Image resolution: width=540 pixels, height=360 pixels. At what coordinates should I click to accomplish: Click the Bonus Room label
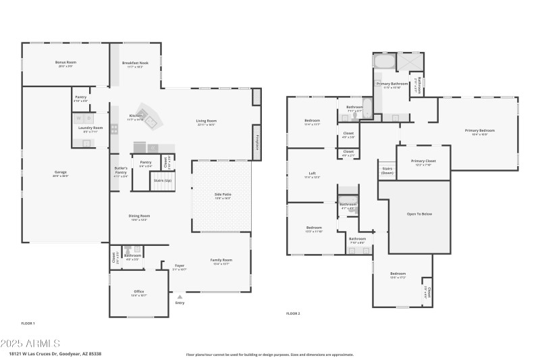coord(65,62)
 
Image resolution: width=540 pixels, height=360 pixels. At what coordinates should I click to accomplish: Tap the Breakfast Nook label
coord(135,62)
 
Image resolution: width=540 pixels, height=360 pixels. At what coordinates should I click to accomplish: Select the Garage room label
coord(61,172)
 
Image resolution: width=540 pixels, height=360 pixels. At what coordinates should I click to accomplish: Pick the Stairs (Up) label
coord(163,180)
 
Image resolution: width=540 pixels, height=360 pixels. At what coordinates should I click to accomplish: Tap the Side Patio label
coord(223,194)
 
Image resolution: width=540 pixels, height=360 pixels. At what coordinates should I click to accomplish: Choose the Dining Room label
coord(139,216)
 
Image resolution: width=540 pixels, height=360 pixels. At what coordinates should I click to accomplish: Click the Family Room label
coord(221,260)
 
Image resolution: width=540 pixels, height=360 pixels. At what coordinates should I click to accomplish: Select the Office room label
coord(139,292)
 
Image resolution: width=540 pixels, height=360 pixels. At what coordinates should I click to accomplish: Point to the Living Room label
coord(206,121)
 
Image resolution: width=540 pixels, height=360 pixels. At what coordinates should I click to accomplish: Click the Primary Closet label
coord(423,161)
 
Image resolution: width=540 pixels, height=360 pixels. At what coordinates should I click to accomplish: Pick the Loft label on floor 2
coord(312,174)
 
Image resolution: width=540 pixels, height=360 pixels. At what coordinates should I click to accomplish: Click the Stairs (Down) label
coord(387,170)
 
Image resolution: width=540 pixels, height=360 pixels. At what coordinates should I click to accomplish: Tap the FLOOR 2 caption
coord(293,313)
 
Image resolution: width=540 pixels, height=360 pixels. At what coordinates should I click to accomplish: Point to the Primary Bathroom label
coord(391,84)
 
